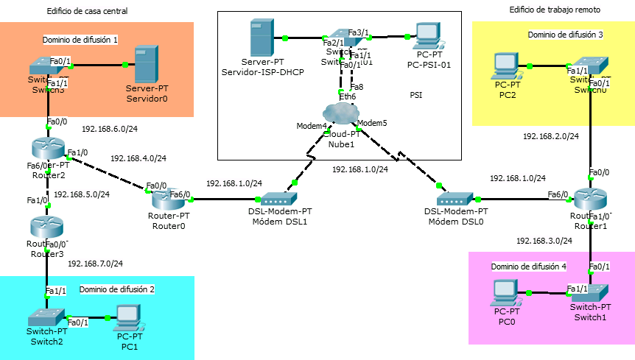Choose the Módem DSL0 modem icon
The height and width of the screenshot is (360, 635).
453,199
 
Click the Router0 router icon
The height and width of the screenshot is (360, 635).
166,198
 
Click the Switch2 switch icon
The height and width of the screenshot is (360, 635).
46,317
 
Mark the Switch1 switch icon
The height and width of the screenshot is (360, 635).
593,292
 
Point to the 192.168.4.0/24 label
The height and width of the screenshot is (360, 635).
138,158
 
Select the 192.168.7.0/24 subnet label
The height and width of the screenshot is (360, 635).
95,263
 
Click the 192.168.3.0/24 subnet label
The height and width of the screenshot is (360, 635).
544,241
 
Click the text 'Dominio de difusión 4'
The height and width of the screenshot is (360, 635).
527,265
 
